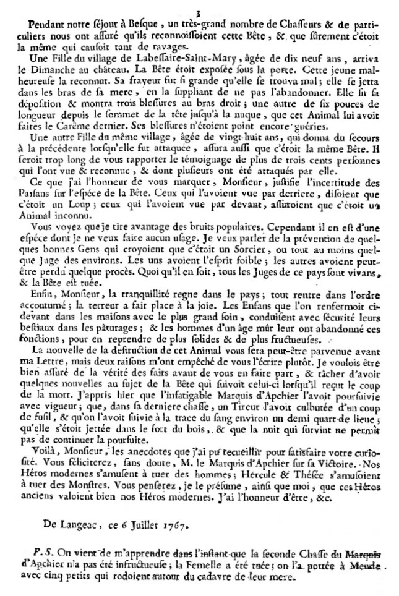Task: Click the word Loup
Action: pos(73,210)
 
